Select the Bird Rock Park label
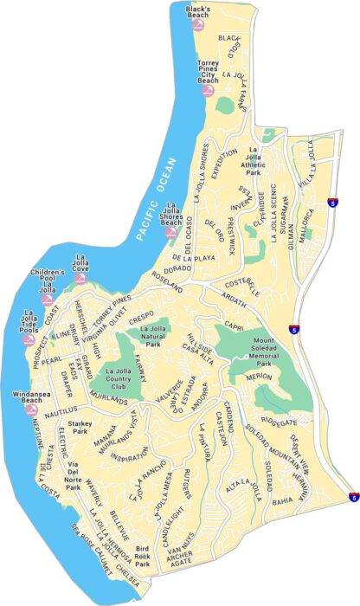143,555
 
